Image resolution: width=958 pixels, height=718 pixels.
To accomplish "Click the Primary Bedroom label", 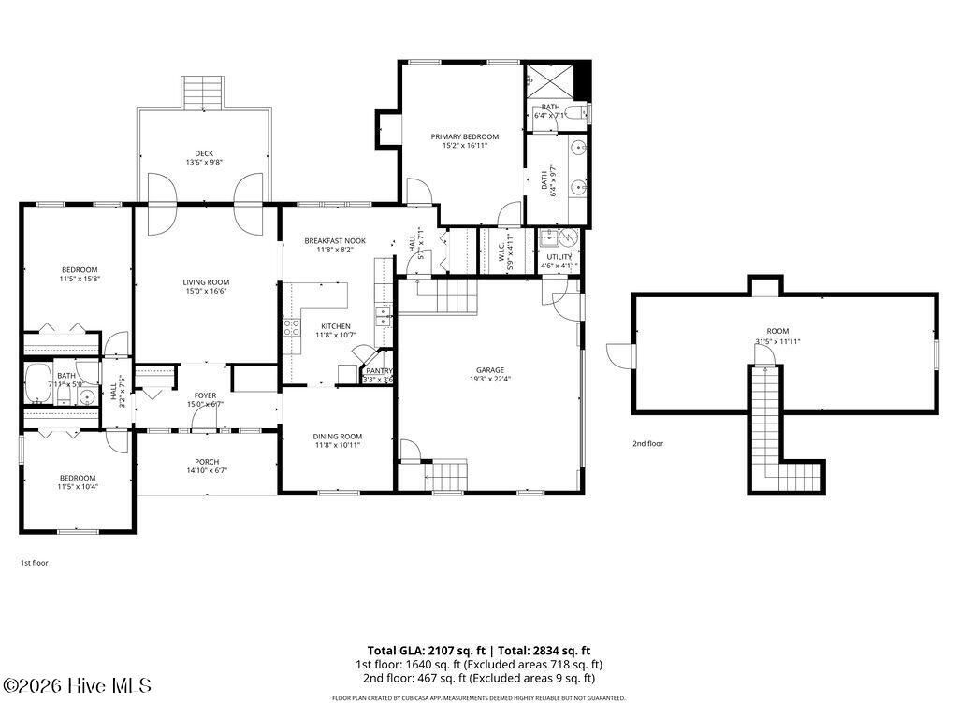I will [x=464, y=136].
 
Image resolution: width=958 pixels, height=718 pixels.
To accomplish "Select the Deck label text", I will [x=204, y=153].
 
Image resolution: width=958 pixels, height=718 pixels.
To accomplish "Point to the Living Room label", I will [x=205, y=281].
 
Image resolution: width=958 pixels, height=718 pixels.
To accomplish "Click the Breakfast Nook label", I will [x=334, y=240].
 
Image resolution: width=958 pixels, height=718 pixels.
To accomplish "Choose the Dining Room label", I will [x=337, y=436].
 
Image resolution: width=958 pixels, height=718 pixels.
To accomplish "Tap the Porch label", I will [x=207, y=462].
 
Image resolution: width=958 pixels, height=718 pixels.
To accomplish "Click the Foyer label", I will [x=205, y=395].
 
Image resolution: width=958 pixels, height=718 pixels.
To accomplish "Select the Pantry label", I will [x=379, y=371].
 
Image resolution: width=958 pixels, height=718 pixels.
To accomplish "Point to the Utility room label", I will [x=559, y=256].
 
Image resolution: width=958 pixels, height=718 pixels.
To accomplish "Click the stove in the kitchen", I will [x=291, y=327].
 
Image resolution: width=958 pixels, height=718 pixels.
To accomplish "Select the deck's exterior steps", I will [x=203, y=93].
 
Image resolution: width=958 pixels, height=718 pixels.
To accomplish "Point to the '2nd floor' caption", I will [x=647, y=443].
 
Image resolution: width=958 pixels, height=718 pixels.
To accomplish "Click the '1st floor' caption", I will [x=35, y=563].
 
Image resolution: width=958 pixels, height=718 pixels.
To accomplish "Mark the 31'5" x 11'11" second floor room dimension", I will [x=777, y=341].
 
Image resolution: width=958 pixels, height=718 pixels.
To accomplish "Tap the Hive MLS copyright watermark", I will [x=77, y=686].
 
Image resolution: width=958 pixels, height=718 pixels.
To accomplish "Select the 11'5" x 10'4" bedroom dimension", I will [x=79, y=486].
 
